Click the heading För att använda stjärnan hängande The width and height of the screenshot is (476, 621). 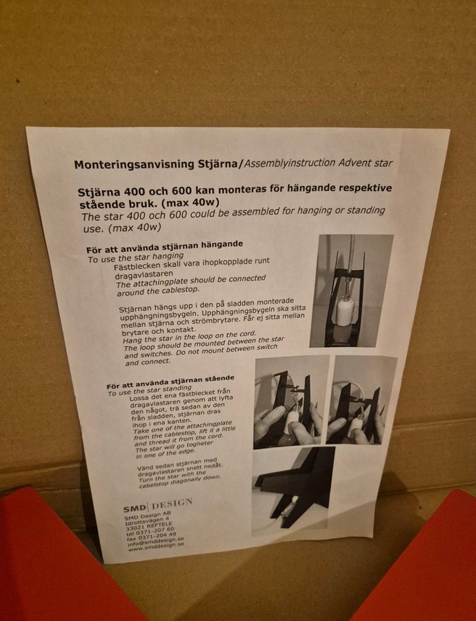click(x=164, y=247)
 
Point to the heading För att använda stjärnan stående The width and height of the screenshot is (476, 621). click(x=170, y=382)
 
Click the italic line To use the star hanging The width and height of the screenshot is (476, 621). click(x=135, y=257)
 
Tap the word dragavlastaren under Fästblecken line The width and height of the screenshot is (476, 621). click(x=143, y=274)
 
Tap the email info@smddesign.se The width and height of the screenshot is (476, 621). click(x=156, y=542)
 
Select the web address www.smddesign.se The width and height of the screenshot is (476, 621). click(x=157, y=548)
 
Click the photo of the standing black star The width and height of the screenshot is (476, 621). click(x=293, y=491)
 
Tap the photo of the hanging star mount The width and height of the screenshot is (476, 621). click(x=351, y=290)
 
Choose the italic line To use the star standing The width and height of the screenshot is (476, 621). click(x=149, y=391)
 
